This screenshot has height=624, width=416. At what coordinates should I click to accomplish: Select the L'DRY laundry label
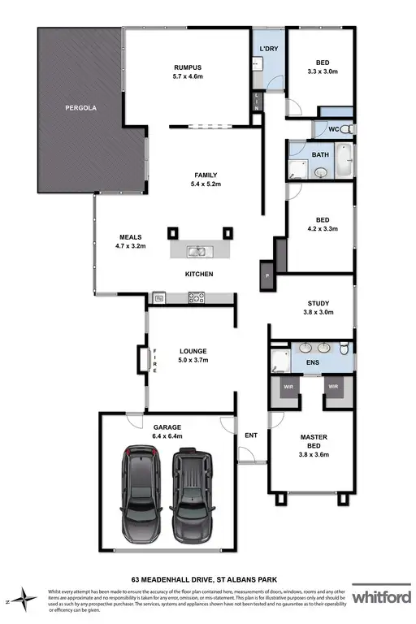(269, 50)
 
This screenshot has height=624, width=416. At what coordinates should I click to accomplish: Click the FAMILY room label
(205, 175)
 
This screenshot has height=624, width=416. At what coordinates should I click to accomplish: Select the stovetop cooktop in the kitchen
(196, 298)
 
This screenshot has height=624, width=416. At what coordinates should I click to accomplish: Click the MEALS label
(130, 238)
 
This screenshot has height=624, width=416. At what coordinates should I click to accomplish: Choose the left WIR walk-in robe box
(288, 388)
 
